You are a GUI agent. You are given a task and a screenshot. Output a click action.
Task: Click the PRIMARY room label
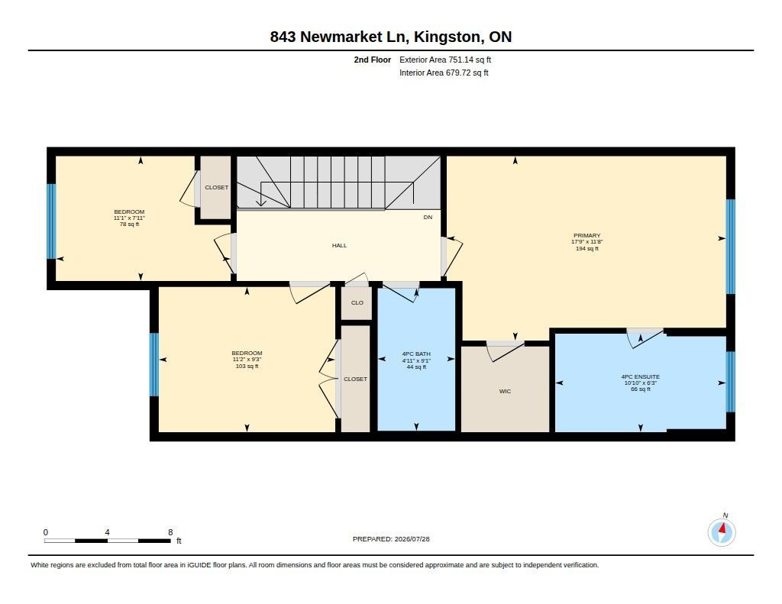point(586,235)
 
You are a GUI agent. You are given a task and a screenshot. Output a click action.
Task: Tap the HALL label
point(339,245)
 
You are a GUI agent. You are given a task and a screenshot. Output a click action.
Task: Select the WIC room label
point(505,392)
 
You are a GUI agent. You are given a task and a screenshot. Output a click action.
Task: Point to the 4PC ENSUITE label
point(641,377)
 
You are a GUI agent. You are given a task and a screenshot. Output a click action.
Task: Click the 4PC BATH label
point(416,354)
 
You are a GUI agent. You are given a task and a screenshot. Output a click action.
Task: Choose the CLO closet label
point(357,302)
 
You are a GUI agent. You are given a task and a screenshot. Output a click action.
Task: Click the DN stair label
point(428,218)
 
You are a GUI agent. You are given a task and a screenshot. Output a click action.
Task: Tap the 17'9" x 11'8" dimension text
point(587,242)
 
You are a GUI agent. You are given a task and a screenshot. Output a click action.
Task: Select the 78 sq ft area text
point(129,224)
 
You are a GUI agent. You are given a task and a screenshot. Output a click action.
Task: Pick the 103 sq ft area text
point(247,366)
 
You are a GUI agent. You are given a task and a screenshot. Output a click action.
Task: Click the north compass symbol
point(722,531)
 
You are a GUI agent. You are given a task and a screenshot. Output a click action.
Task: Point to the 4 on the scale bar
point(107,532)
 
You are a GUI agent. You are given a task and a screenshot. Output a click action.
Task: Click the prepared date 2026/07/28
point(412,539)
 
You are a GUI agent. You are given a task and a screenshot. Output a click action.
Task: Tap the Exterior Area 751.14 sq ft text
point(445,60)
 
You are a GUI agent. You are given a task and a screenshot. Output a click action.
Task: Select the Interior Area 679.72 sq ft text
point(444,73)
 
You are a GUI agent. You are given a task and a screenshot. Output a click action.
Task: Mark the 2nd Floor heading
point(372,60)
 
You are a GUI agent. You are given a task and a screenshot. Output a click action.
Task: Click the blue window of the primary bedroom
point(730,247)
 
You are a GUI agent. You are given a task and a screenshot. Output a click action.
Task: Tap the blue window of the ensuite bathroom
point(730,382)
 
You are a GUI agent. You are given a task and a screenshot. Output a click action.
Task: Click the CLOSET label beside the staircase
point(216,188)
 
